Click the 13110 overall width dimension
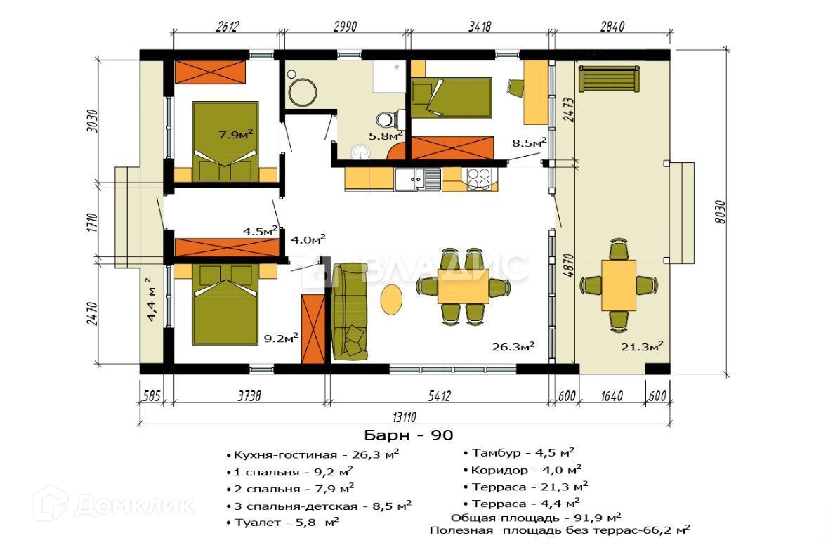pos(405,417)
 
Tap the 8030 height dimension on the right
pos(720,211)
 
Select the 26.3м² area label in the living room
pos(513,346)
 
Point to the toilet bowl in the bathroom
pos(389,119)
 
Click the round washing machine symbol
pos(303,93)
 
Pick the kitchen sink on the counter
pos(418,178)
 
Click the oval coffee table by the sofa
pos(391,299)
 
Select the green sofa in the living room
pos(349,312)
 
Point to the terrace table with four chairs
pos(618,285)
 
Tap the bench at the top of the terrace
pos(609,79)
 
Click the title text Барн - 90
pos(408,435)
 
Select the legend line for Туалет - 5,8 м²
pos(282,523)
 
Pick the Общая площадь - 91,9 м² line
pos(535,517)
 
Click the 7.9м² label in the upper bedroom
pos(235,134)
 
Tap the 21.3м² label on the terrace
pos(642,346)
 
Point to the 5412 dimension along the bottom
pos(440,395)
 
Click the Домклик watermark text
pos(133,506)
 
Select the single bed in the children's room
pos(452,98)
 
